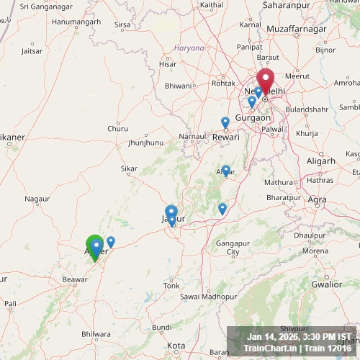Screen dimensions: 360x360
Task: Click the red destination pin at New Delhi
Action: [266, 81]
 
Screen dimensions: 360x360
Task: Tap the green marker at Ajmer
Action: [94, 246]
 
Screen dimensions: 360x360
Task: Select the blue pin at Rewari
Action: [225, 122]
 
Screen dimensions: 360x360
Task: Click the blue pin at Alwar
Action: [226, 171]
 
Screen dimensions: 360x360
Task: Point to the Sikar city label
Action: [130, 169]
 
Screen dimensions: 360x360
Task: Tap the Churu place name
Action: [117, 129]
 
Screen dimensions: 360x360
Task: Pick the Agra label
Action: [317, 199]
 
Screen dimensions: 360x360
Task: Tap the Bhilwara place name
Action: [96, 334]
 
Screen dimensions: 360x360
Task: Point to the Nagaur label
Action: [37, 198]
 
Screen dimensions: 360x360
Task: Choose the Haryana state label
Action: [189, 48]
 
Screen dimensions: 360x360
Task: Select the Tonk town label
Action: [171, 286]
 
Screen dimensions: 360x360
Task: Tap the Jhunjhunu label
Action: [146, 143]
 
